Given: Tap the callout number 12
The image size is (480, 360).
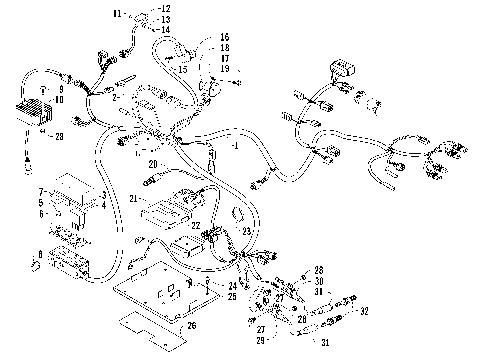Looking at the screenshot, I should tap(166, 9).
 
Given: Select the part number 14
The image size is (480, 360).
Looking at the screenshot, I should tap(166, 29).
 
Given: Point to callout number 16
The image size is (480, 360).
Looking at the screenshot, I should tap(224, 36).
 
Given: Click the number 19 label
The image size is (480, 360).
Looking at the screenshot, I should tap(224, 67).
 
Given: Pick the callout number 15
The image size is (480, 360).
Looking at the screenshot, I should tap(183, 69).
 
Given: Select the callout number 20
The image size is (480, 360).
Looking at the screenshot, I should tap(153, 164).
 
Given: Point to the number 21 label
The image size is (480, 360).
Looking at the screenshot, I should tap(133, 200).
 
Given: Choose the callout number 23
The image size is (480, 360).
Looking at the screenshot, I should tap(245, 231).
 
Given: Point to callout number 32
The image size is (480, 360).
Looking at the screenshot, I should tap(364, 311).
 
